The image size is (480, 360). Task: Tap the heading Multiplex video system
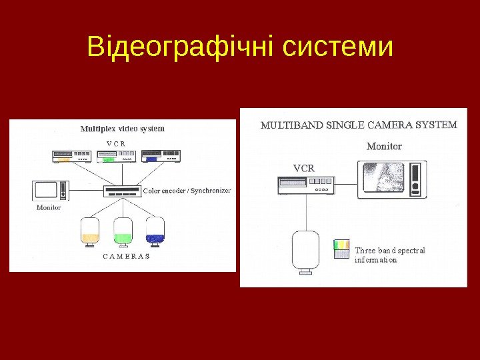tap(123, 128)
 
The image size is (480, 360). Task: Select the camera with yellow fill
tap(89, 231)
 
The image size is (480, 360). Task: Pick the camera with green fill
tap(123, 231)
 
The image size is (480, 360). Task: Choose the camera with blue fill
tap(155, 230)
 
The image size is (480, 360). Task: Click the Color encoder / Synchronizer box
tap(123, 191)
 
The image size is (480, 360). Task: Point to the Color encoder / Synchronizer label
tap(187, 191)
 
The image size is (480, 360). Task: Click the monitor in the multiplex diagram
tap(50, 190)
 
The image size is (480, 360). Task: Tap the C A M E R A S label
tap(125, 256)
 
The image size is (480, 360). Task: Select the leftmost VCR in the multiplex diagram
tap(72, 157)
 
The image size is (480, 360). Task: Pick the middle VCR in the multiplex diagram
tap(116, 157)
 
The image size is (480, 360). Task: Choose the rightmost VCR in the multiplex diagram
tap(161, 157)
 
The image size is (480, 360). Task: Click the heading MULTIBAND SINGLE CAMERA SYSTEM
tap(358, 125)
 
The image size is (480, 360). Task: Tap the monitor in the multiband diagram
tap(391, 179)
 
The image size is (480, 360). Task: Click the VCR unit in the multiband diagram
tap(306, 185)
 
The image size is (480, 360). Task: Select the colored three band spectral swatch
tap(341, 249)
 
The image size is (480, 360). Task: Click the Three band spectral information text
tap(389, 255)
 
